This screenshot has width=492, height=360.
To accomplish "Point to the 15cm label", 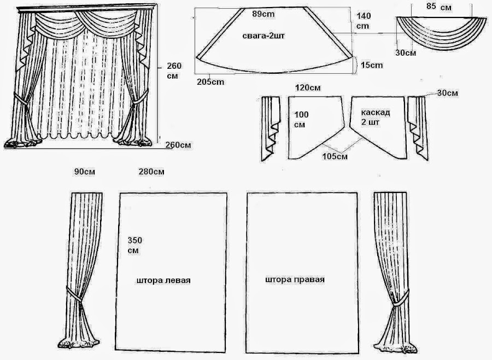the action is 372,65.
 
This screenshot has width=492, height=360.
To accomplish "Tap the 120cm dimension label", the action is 307,87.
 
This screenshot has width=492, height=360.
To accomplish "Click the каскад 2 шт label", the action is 375,117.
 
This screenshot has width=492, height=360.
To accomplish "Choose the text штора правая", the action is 295,279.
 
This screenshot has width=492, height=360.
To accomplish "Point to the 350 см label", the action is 134,245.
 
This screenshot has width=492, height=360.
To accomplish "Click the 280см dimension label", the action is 151,172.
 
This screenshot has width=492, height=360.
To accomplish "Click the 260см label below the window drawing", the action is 178,145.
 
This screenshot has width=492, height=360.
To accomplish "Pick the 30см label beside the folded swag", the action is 405,53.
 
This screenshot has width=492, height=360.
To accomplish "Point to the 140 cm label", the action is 363,21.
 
